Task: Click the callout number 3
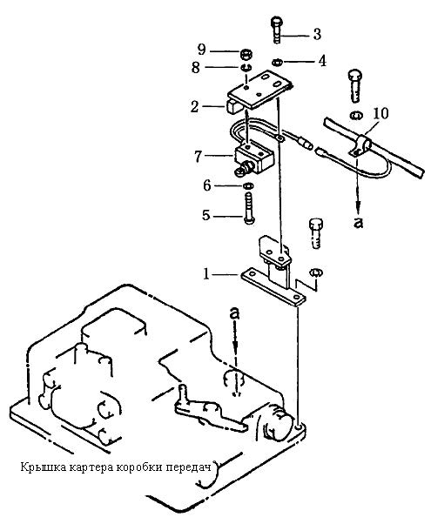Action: point(317,35)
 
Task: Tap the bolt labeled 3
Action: point(276,30)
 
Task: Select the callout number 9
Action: point(201,50)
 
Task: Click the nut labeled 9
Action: point(246,53)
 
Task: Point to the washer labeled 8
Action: point(246,67)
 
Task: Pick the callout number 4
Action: point(321,61)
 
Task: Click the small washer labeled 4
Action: point(277,62)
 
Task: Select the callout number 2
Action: point(194,107)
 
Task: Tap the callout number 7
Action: point(199,156)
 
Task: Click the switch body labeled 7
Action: point(254,158)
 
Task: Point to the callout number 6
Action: point(207,185)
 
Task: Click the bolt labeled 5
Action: point(249,207)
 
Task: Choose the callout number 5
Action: point(206,215)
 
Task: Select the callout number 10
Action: point(380,113)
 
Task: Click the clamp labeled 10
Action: point(361,147)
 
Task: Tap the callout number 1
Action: point(206,274)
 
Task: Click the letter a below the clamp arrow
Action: point(358,222)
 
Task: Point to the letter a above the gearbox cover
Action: point(235,314)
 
